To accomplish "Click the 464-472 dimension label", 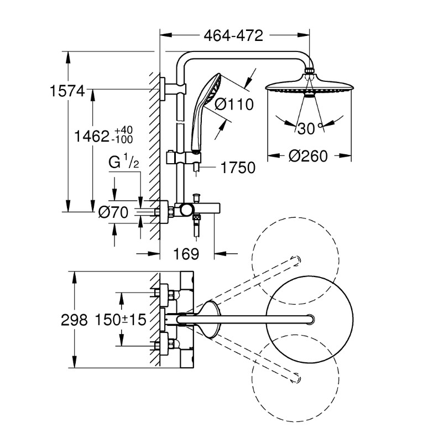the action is click(233, 36).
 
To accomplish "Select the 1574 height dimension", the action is click(67, 91).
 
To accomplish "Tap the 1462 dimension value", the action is click(91, 136).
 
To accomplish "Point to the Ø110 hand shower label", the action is click(234, 104).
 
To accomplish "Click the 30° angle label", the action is click(310, 128).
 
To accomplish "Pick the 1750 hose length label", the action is click(238, 168).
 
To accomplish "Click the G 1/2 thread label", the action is click(123, 162).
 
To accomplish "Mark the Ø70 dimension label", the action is click(113, 212).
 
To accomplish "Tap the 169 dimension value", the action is click(186, 253).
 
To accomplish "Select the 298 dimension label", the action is click(74, 320).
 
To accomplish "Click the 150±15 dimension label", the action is click(121, 320).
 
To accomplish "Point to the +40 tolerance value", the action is click(123, 130).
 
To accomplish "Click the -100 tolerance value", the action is click(122, 139).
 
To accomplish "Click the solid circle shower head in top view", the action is click(310, 319).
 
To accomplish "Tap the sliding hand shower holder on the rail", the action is click(184, 158).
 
